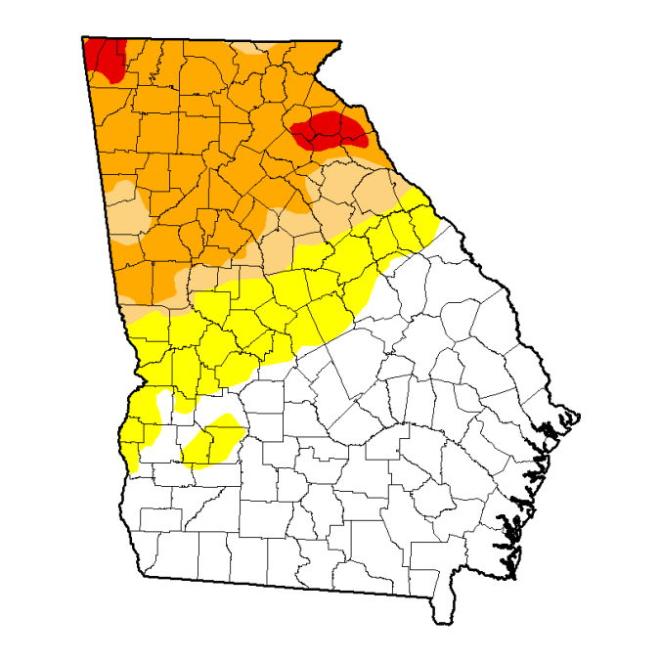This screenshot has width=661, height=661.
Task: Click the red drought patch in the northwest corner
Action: pyautogui.click(x=104, y=56)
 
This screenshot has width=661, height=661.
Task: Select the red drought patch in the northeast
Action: pyautogui.click(x=330, y=129)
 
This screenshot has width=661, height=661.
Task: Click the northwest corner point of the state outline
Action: pyautogui.click(x=82, y=37)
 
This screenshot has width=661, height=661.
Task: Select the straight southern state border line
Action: pyautogui.click(x=293, y=586)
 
